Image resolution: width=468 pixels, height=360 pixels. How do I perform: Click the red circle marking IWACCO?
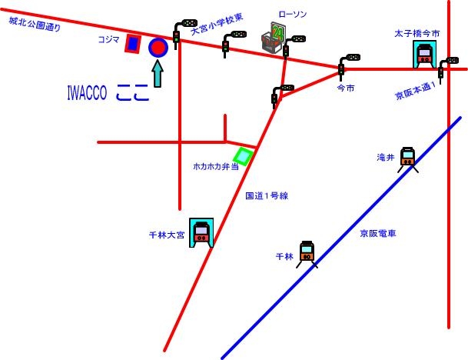158,48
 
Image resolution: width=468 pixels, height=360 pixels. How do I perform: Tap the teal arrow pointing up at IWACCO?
158,75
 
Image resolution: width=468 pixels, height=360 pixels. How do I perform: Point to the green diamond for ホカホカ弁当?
244,157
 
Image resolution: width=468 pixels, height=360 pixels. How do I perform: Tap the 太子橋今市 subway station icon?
423,54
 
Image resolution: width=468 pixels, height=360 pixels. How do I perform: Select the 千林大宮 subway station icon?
202,232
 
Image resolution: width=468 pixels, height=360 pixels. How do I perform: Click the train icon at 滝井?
408,158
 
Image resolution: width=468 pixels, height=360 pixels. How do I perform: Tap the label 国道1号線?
266,197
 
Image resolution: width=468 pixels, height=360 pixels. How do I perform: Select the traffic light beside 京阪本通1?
443,68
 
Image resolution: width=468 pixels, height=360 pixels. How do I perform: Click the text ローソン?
292,15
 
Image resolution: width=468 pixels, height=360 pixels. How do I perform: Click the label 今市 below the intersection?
346,88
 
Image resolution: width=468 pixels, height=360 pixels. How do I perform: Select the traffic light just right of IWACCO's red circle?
181,31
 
